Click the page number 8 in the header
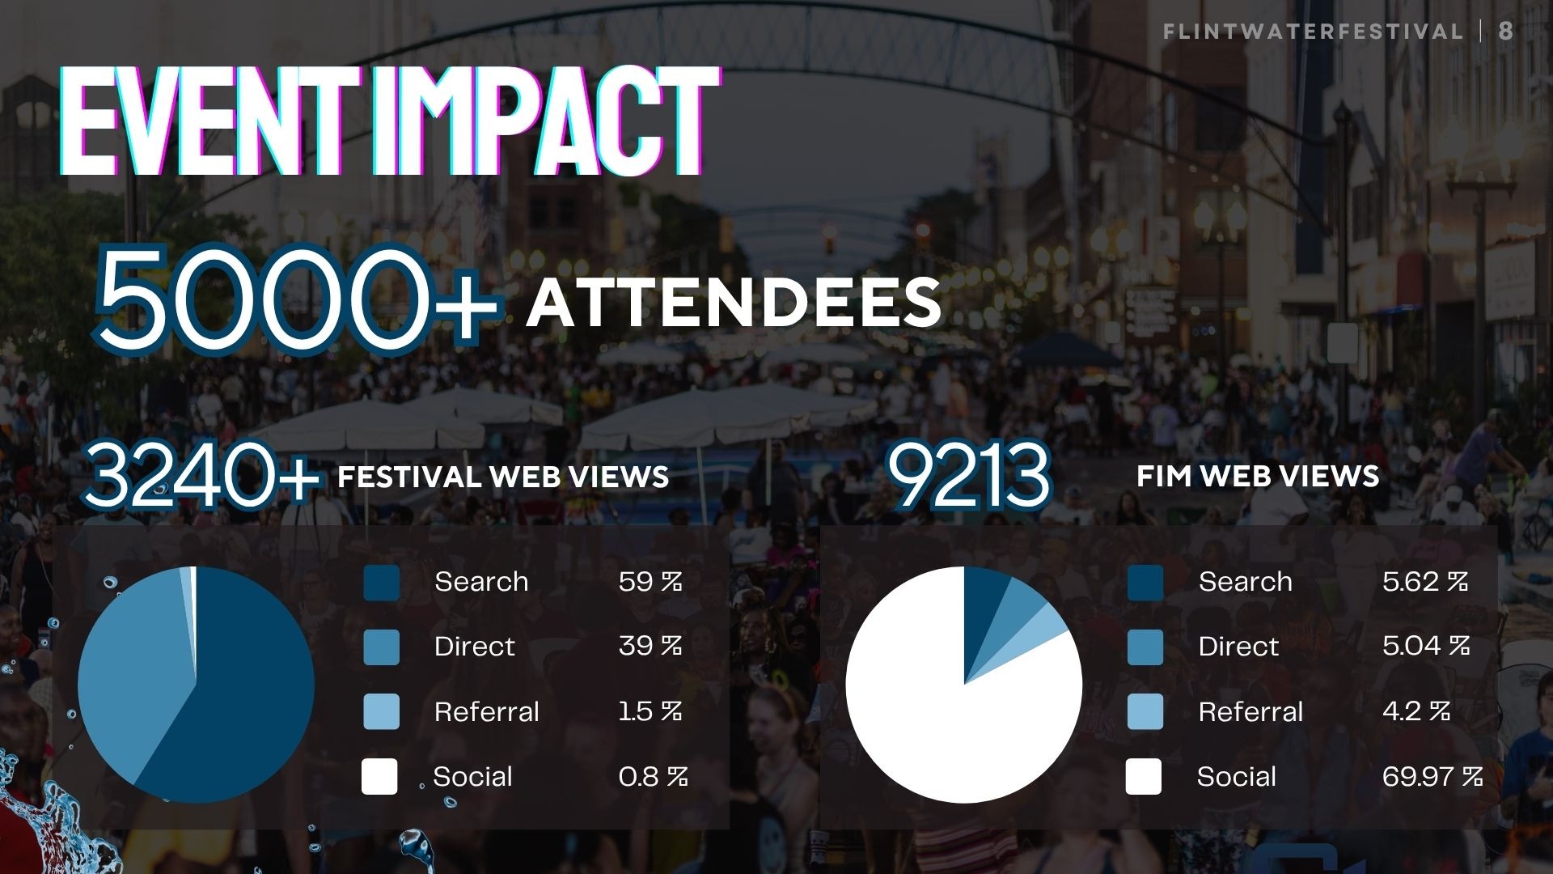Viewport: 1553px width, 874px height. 1505,32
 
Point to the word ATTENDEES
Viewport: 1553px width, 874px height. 734,303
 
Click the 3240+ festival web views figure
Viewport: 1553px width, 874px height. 201,476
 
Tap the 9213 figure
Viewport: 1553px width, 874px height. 968,476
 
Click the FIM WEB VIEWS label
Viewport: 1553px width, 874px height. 1257,476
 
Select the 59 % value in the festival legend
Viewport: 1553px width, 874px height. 650,581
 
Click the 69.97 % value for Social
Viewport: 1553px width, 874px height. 1432,776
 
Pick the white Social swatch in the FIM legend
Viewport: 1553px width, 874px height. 1144,776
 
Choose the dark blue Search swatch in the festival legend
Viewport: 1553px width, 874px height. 381,583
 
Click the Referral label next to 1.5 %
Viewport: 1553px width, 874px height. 486,711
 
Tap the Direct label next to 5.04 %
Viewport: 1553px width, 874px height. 1238,646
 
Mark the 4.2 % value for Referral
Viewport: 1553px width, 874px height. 1415,711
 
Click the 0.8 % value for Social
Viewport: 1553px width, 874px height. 653,776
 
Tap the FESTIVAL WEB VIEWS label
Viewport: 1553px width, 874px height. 503,476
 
